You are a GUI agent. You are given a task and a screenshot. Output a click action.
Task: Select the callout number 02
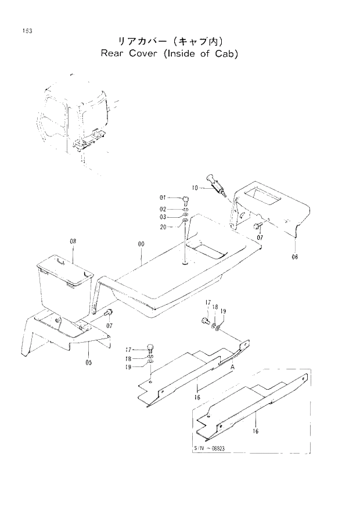click(x=164, y=208)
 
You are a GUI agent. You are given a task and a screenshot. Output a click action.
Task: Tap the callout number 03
click(x=164, y=217)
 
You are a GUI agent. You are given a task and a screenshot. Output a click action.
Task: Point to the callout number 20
click(x=164, y=226)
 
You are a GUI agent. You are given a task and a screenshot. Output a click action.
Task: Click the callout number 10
click(x=195, y=188)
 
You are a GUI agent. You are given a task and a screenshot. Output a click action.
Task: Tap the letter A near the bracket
click(x=232, y=367)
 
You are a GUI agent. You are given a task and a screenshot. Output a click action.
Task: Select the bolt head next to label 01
click(x=185, y=199)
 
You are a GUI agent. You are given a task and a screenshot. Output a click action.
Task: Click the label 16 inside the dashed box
click(x=256, y=431)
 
